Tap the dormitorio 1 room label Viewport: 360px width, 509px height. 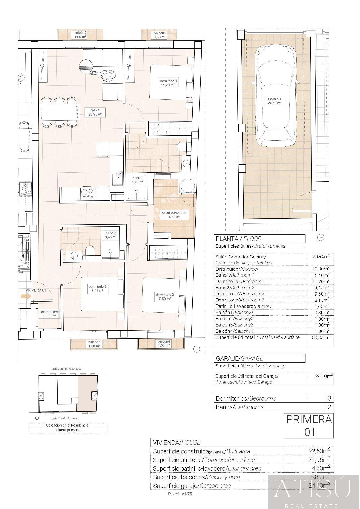[x=168, y=83]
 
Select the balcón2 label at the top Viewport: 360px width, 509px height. [x=80, y=35]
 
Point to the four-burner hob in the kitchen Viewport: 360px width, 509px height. [x=87, y=194]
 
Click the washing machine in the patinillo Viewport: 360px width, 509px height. [x=188, y=186]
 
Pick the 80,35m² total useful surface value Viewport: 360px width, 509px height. [x=321, y=337]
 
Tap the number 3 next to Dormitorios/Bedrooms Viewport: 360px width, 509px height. [x=329, y=398]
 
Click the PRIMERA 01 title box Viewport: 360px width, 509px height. [x=309, y=425]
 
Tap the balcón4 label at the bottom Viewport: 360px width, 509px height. [x=164, y=343]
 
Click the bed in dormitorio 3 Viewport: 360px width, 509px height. [x=102, y=294]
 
